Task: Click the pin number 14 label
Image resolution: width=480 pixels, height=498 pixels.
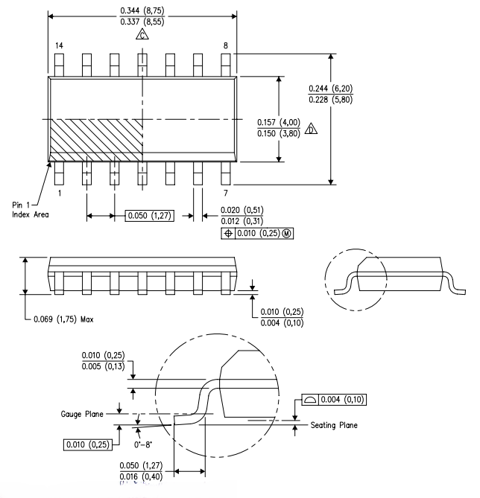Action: click(59, 46)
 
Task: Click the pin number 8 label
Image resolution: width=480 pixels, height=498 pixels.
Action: click(225, 46)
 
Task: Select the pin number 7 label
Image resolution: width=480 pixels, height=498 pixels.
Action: click(227, 192)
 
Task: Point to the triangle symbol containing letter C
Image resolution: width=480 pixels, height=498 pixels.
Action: click(142, 35)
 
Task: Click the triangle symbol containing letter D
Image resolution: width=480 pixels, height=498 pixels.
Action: click(312, 128)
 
